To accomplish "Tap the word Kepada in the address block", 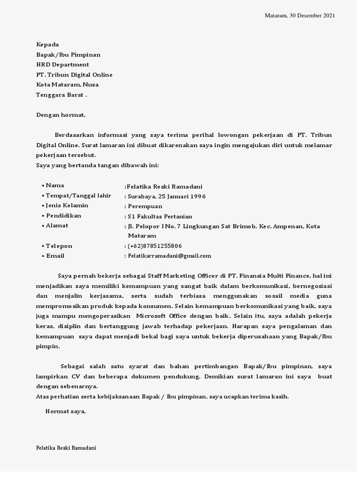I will tap(48, 45).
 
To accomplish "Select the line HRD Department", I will tap(63, 65).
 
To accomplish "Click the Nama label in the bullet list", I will tap(55, 186).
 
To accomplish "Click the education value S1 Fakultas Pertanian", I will tap(160, 216).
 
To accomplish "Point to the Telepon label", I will tap(59, 246).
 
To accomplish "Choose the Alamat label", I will tap(57, 225).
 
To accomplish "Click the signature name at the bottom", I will tap(66, 448).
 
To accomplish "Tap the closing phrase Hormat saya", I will tap(66, 412).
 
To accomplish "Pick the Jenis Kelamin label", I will tap(67, 206).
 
